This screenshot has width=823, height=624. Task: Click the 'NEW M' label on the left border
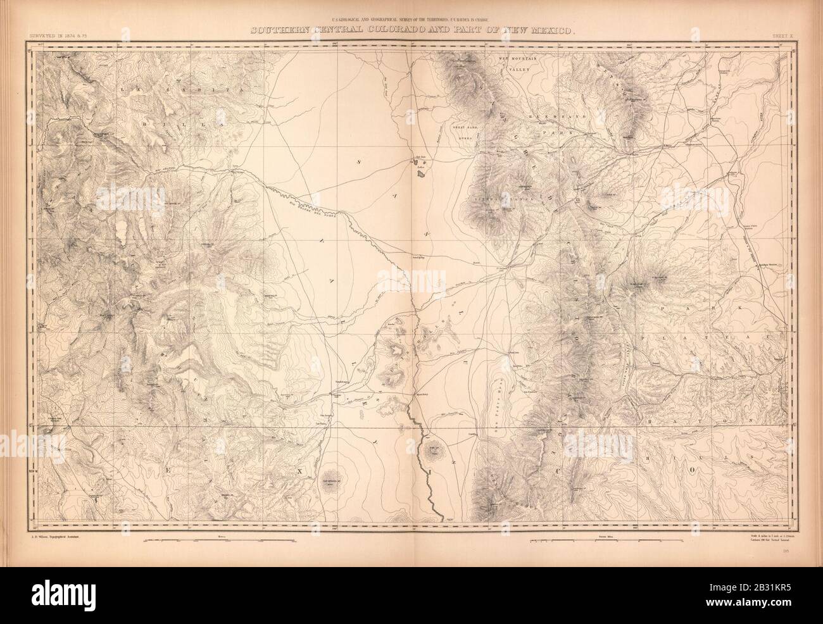(x=34, y=471)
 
